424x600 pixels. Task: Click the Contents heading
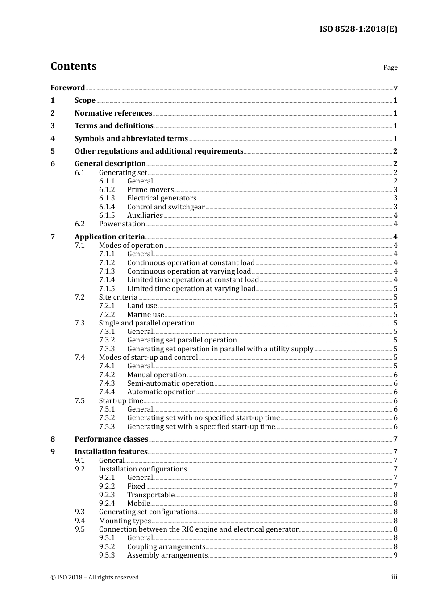pos(73,66)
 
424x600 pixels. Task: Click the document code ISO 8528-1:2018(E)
pos(358,29)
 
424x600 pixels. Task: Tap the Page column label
pos(390,67)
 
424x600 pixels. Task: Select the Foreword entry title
pos(67,87)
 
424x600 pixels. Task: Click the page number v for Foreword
pos(395,88)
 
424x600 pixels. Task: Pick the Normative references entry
pos(113,113)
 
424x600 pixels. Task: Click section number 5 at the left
pos(53,151)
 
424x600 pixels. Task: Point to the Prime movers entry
pos(150,190)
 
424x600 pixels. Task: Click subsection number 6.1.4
pos(107,207)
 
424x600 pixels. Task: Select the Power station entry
pos(122,224)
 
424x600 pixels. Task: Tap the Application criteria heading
pos(109,237)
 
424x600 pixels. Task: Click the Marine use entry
pos(145,315)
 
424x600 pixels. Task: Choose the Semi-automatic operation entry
pos(170,383)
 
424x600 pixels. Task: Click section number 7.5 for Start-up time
pos(79,401)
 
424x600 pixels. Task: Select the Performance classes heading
pos(111,439)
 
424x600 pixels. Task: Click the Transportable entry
pos(150,495)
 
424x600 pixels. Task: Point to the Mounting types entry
pos(125,521)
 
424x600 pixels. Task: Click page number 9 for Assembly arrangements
pos(395,555)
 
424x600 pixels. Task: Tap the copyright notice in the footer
pos(94,578)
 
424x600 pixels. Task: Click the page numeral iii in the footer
pos(394,577)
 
